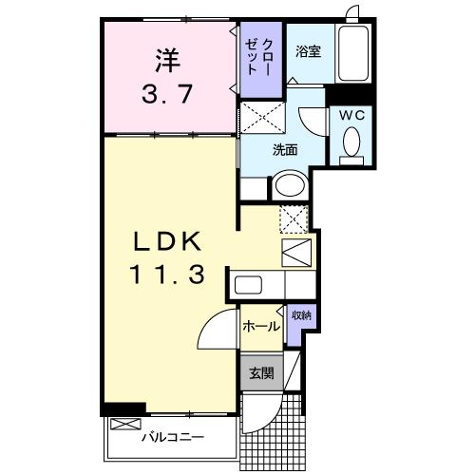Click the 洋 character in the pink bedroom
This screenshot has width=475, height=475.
point(166,60)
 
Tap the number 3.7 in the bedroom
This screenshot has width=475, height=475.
point(166,94)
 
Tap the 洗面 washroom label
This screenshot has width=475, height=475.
point(286,149)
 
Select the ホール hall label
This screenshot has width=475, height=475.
point(260,327)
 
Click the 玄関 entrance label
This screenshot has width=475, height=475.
point(261,373)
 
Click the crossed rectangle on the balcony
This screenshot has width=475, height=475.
point(124,425)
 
